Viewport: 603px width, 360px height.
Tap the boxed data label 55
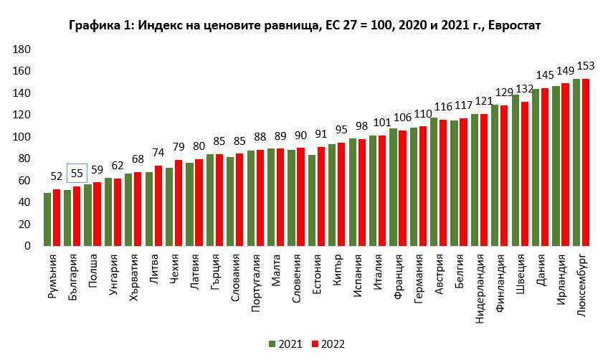(x=77, y=173)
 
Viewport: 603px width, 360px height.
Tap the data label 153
(x=585, y=66)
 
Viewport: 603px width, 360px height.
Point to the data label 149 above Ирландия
(x=565, y=70)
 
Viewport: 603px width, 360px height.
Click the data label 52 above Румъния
(x=56, y=176)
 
